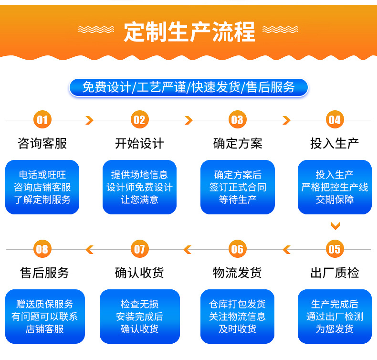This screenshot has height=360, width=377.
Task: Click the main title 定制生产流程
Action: click(x=189, y=32)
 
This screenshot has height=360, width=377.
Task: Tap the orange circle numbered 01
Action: click(x=42, y=119)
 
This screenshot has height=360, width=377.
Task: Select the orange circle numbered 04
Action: click(x=335, y=119)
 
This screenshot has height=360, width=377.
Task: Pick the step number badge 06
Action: click(x=237, y=249)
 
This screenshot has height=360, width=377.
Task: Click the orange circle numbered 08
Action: click(x=42, y=249)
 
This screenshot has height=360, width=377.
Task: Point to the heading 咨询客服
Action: click(x=42, y=143)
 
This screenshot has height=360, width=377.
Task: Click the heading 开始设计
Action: click(x=139, y=143)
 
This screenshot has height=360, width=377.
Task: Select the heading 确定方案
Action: click(x=237, y=143)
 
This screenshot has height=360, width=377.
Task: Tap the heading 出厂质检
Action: click(x=335, y=273)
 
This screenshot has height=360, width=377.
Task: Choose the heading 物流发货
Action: click(x=237, y=273)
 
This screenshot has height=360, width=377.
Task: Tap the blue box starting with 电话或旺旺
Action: click(x=42, y=187)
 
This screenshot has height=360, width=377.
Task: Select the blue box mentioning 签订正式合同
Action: click(x=237, y=187)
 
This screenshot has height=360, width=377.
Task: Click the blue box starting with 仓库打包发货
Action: click(x=237, y=316)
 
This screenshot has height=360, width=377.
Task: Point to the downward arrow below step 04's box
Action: click(x=335, y=225)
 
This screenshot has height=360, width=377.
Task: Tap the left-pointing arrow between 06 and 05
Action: click(x=286, y=249)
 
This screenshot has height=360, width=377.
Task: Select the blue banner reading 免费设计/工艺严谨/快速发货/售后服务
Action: click(x=188, y=87)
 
